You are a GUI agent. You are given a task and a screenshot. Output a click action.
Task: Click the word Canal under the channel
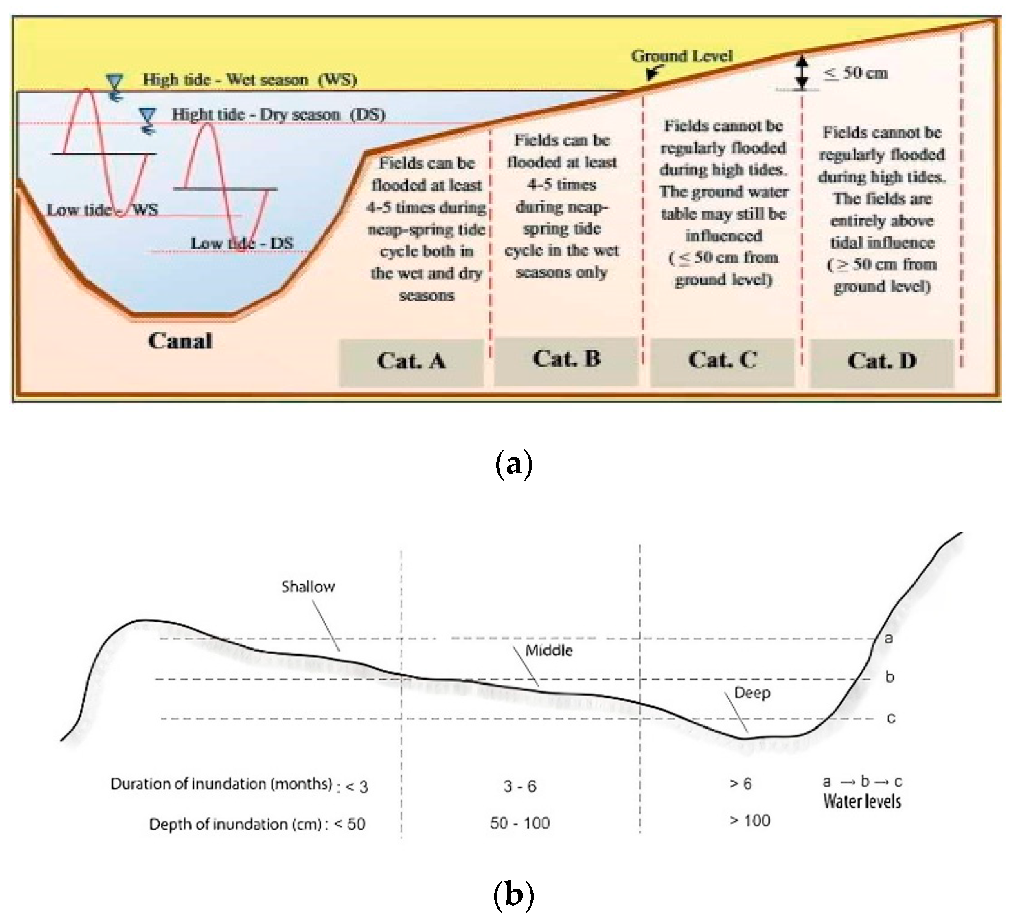click(x=180, y=341)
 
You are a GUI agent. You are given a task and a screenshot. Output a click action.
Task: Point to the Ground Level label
click(x=682, y=56)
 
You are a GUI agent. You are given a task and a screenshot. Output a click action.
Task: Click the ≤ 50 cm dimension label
click(x=856, y=73)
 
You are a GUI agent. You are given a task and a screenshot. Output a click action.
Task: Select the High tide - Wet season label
click(x=250, y=80)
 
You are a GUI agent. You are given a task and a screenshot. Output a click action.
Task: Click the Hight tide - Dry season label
click(x=278, y=114)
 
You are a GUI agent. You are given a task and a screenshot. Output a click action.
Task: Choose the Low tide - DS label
click(x=241, y=244)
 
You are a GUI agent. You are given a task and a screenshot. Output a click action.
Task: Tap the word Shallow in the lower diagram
click(x=308, y=586)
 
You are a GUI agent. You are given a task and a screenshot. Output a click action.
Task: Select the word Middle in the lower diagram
click(x=549, y=650)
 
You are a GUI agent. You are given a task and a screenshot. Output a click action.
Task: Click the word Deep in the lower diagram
click(x=752, y=693)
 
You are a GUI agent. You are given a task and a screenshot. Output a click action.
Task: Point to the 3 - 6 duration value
click(x=519, y=786)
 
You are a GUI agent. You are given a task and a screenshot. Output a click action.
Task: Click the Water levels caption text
click(x=862, y=801)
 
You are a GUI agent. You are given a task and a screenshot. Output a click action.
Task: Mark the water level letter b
click(x=890, y=677)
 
